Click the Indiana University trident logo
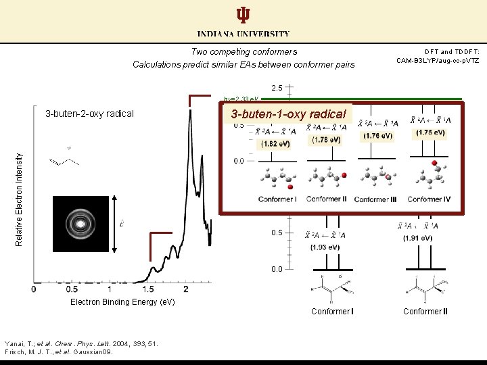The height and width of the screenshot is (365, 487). coord(243,16)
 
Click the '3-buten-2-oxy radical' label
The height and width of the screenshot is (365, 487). coord(89,114)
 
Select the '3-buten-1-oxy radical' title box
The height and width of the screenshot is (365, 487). coord(288,114)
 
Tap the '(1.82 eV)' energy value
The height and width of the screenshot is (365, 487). coord(277,144)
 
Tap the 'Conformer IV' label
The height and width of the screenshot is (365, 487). coord(429,199)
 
